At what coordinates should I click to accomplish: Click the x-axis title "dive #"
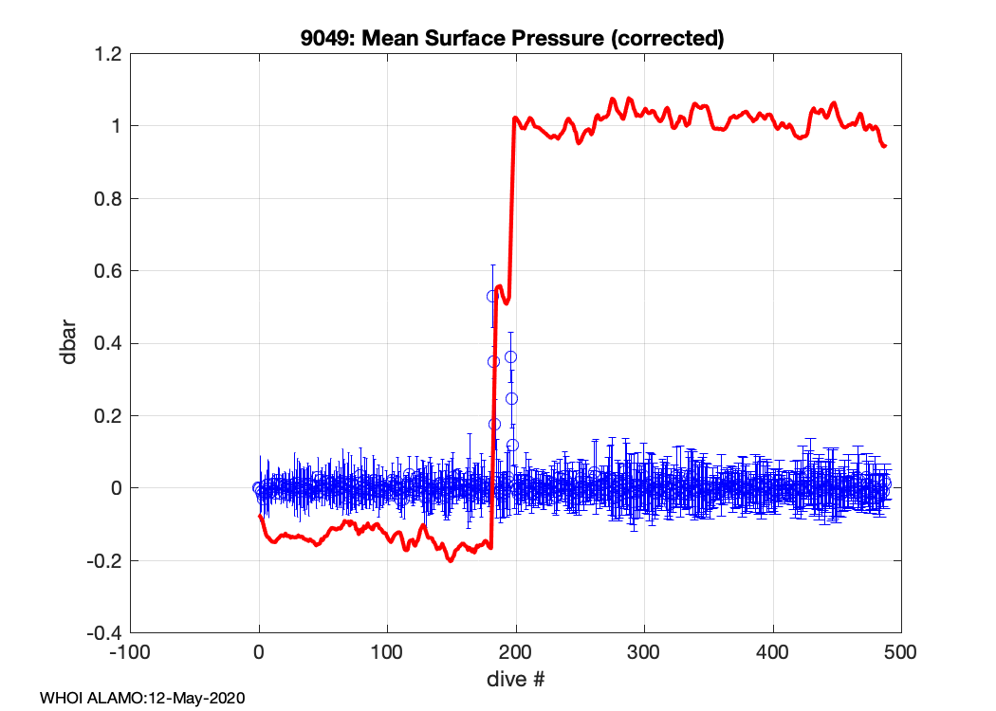click(515, 680)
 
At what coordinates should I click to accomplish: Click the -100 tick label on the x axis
click(130, 653)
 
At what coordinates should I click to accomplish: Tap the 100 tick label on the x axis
click(387, 653)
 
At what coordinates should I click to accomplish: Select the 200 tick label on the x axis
click(516, 653)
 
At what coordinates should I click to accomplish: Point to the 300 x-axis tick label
click(644, 653)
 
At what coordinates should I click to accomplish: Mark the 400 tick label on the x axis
click(773, 653)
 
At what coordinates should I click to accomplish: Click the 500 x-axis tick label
click(901, 653)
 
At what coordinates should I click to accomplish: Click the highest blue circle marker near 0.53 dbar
click(492, 296)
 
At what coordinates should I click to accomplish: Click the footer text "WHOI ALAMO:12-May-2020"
click(142, 699)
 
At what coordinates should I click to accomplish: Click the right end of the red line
click(885, 146)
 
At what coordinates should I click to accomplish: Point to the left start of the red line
click(260, 516)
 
